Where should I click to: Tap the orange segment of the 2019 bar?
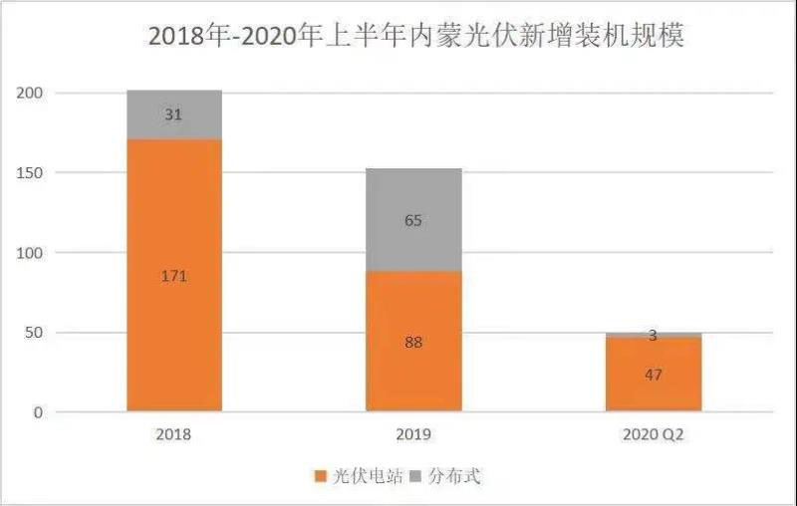(413, 369)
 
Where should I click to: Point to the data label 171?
(174, 276)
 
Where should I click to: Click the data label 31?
(173, 115)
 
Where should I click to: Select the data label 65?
(413, 220)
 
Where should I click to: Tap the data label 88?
(413, 342)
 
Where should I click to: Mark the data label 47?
(654, 375)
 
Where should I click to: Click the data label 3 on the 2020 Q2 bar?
(654, 336)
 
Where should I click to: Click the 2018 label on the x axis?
(173, 435)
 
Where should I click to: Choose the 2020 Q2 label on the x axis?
(654, 435)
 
